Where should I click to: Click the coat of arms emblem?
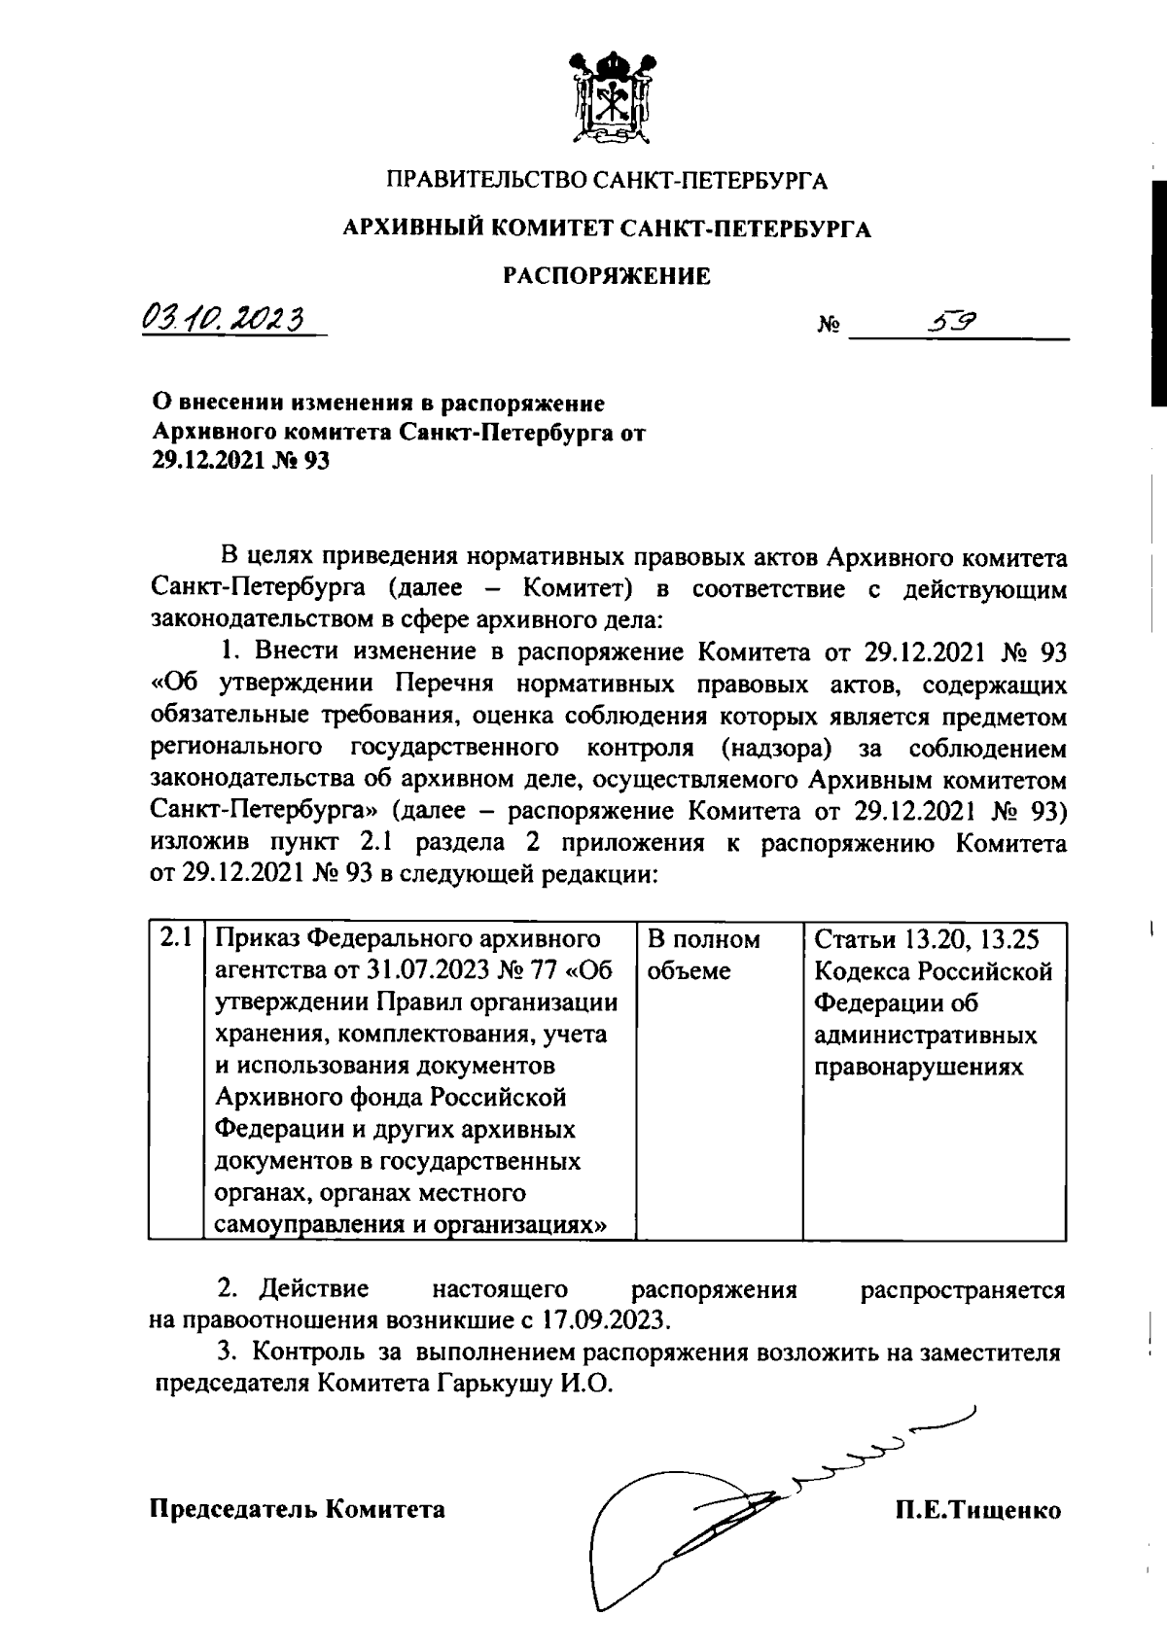(608, 102)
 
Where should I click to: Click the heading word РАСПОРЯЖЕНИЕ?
(606, 277)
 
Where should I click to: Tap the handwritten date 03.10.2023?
(223, 318)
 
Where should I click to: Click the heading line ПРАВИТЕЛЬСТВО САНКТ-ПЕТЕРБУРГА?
(608, 181)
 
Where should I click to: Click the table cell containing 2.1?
(175, 939)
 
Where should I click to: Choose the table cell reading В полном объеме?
(703, 955)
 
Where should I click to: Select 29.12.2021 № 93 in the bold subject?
(241, 462)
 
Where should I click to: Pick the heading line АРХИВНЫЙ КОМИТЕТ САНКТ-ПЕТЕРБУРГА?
(606, 229)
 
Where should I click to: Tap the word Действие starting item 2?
(313, 1290)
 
